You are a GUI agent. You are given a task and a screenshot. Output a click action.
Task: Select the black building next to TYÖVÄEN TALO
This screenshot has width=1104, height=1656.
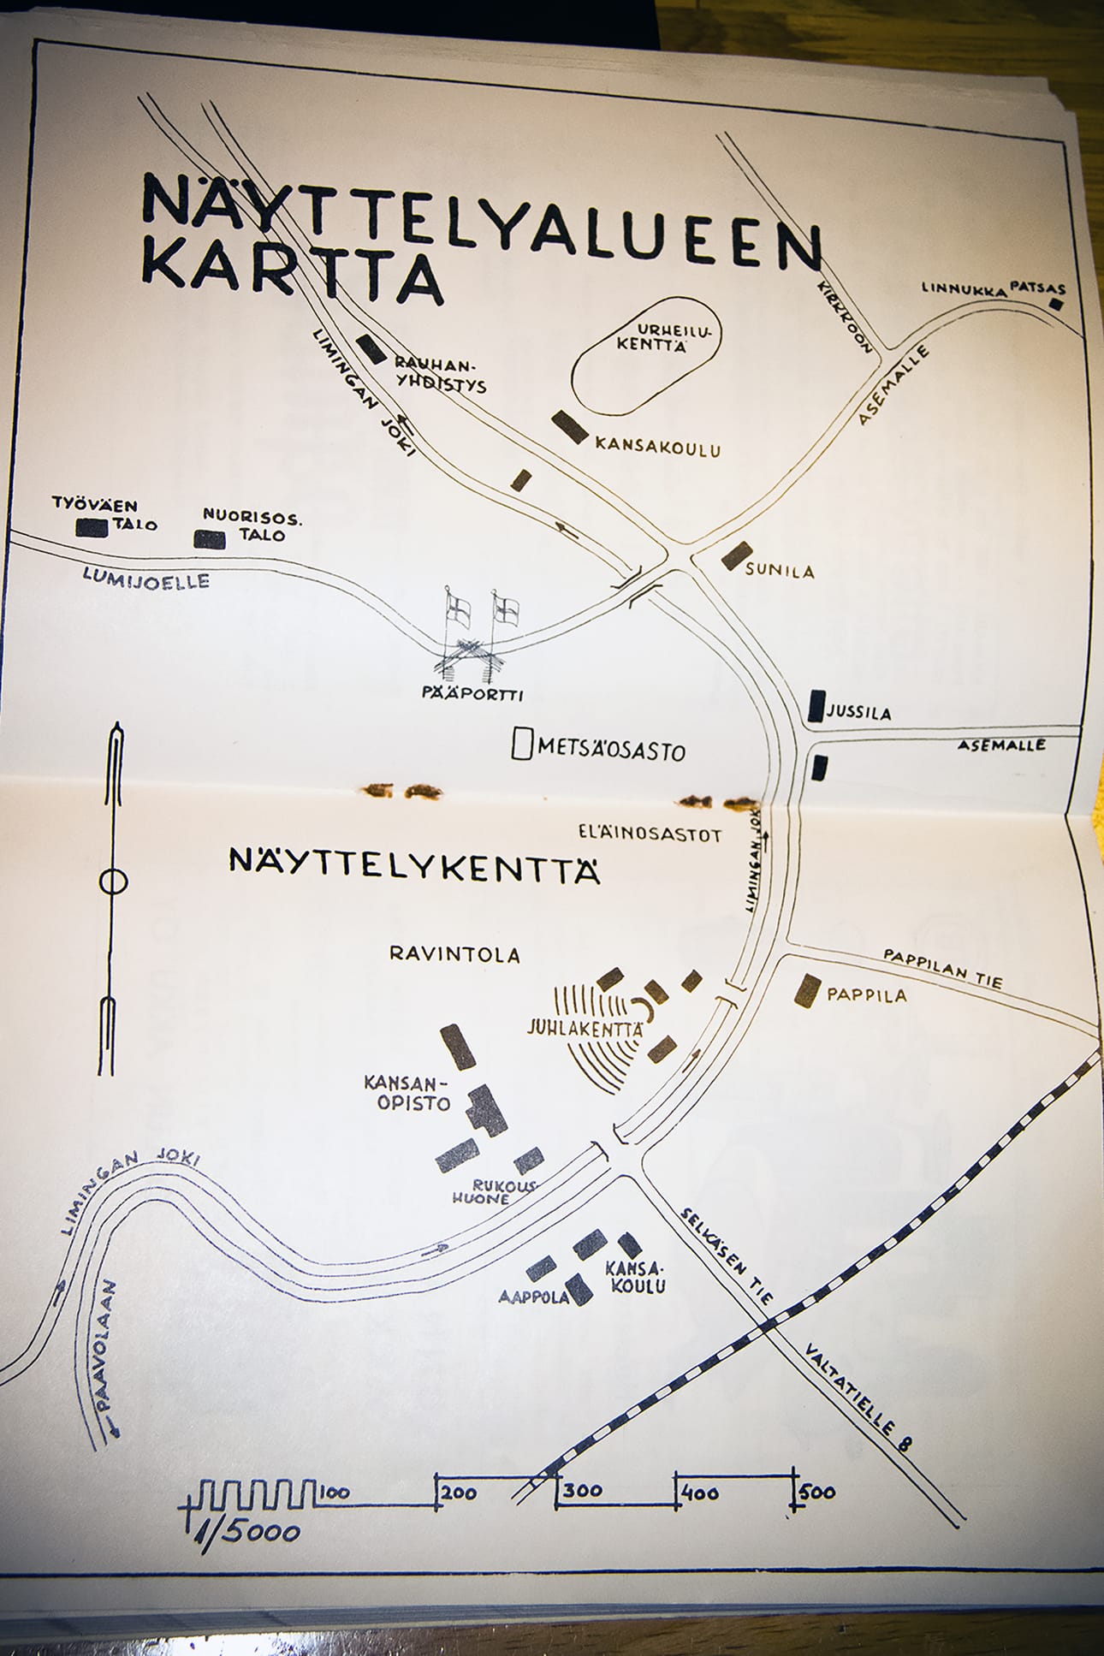[x=92, y=527]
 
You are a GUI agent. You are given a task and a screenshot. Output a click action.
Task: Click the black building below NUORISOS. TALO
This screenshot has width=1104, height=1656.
[x=210, y=539]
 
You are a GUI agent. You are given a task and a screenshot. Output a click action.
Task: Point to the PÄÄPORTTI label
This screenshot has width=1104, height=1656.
[x=472, y=694]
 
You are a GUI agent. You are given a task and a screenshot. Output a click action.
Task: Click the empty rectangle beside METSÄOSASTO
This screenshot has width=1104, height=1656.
[x=521, y=743]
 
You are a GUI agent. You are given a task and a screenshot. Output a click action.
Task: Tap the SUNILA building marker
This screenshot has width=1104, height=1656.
[x=736, y=555]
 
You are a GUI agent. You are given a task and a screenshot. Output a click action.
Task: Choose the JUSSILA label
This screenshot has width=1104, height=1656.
[x=859, y=712]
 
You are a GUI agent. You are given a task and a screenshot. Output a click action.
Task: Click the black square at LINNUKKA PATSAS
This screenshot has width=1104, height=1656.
[x=1058, y=303]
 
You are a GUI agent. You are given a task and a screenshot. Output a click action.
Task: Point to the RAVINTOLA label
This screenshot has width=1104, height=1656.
[x=454, y=953]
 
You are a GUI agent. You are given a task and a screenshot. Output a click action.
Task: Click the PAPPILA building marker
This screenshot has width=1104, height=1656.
[x=807, y=990]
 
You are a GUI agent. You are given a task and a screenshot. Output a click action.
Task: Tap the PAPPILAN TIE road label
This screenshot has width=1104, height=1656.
[x=942, y=967]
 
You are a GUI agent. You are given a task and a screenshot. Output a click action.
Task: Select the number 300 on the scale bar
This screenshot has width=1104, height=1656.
[x=583, y=1490]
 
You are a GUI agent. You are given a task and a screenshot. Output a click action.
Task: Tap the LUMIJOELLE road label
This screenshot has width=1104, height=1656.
[x=146, y=579]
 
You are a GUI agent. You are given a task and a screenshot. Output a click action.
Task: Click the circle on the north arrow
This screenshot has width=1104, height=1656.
[x=113, y=881]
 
